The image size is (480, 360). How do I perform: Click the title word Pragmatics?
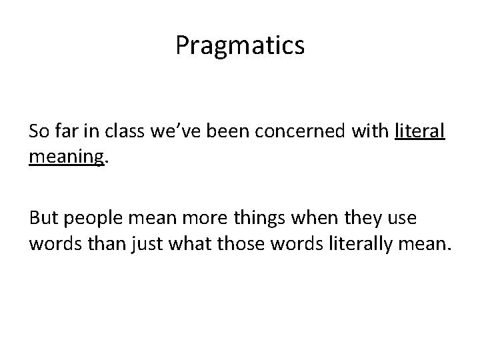click(240, 45)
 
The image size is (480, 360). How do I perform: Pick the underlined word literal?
click(420, 132)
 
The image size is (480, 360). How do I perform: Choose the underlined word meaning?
click(66, 158)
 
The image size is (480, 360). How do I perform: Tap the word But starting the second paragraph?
click(43, 219)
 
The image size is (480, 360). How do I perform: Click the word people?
click(93, 220)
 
